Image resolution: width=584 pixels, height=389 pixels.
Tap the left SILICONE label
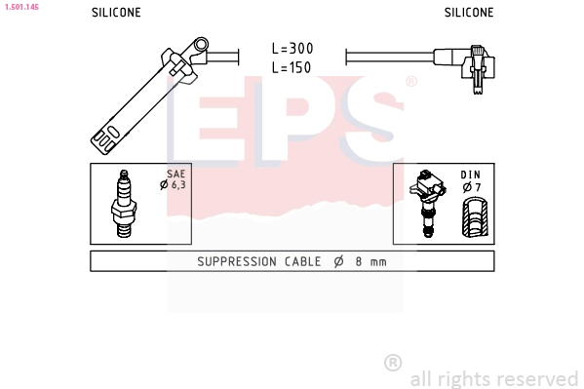tap(116, 13)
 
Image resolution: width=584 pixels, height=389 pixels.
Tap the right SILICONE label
tap(469, 13)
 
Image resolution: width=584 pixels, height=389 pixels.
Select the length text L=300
tap(292, 48)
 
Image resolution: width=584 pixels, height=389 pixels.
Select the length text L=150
tap(292, 67)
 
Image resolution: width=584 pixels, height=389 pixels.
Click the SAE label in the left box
tap(176, 174)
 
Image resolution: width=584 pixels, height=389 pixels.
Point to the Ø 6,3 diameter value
tap(176, 184)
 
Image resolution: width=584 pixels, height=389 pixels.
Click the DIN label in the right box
tap(472, 175)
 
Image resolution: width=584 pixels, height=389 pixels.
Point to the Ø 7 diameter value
tap(472, 186)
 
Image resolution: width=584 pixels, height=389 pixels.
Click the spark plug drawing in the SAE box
tap(124, 204)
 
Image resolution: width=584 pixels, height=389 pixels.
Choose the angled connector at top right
tap(476, 66)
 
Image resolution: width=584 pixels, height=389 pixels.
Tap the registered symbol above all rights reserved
tap(393, 363)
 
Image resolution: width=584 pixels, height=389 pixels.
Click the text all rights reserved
tap(493, 378)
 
